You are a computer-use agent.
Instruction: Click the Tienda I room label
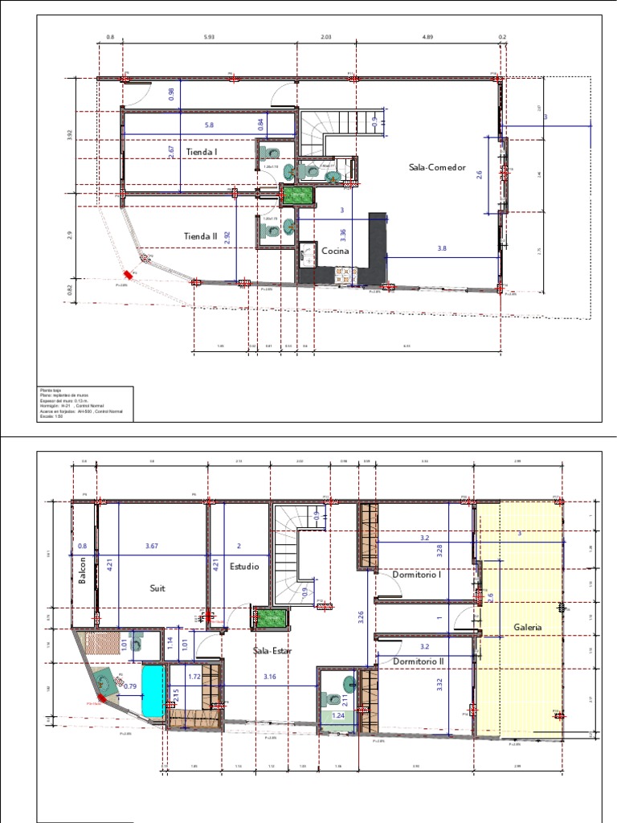coord(202,151)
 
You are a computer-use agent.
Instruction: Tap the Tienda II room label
coord(201,236)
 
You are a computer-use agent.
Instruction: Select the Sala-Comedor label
coord(435,167)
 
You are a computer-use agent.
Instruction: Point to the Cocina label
coord(337,252)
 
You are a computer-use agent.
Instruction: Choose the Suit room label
coord(157,588)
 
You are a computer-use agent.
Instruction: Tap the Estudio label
coord(244,567)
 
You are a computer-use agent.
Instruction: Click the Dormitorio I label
coord(419,575)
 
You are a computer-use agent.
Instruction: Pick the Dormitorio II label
coord(420,661)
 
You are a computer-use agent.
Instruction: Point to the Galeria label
coord(528,627)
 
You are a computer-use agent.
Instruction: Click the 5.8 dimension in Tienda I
coord(209,125)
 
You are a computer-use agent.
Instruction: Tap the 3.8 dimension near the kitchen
coord(442,249)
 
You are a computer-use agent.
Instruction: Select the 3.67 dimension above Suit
coord(152,547)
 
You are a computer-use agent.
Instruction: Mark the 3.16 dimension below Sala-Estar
coord(270,678)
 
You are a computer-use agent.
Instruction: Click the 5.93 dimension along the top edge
coord(209,36)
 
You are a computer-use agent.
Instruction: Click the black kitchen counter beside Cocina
coord(376,245)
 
